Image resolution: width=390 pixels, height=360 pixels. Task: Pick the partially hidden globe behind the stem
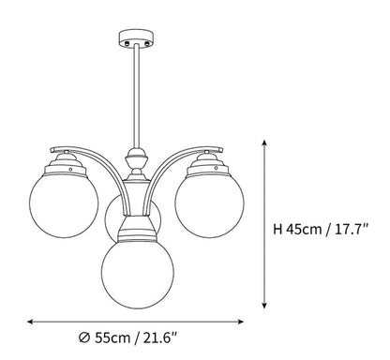[x=116, y=219]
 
